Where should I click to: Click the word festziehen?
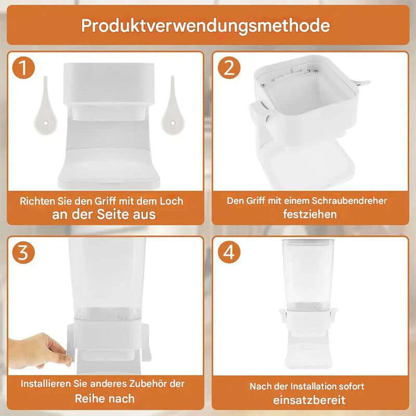pos(310,214)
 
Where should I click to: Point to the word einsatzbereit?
pos(309,400)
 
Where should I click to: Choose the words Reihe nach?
pos(105,399)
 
